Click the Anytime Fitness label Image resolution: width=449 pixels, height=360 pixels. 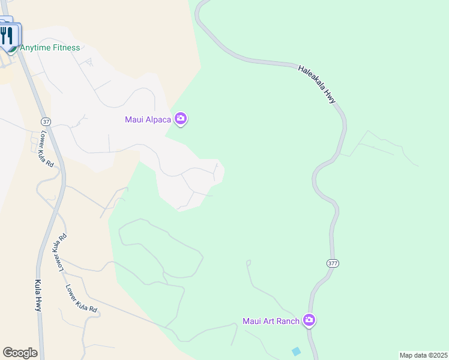50,47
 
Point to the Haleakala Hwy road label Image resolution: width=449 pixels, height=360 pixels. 316,84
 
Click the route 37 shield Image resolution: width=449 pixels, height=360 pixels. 47,121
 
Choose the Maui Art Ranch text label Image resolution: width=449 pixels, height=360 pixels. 271,321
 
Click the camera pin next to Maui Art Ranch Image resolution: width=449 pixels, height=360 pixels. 310,320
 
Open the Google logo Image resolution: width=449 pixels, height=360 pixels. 20,353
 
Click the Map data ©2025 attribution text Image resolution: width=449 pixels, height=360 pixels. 423,355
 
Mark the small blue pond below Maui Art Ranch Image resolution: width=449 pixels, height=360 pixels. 295,351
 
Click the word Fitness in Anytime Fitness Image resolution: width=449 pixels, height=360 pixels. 65,47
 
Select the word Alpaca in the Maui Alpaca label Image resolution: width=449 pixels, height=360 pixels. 157,119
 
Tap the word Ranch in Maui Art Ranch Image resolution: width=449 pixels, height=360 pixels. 288,321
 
